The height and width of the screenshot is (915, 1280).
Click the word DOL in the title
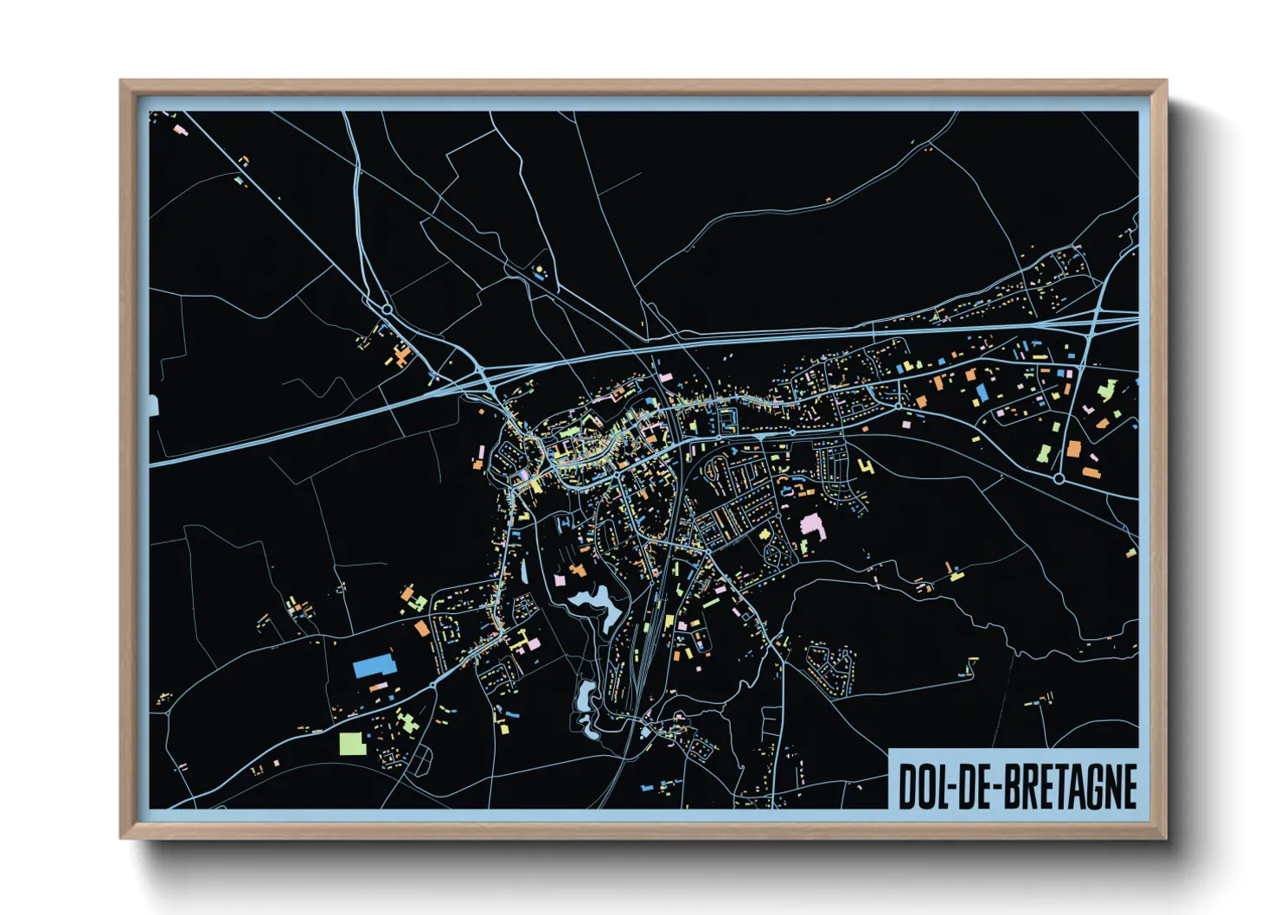tap(924, 785)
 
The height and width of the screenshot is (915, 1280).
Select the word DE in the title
tap(976, 785)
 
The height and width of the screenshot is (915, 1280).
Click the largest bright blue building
tap(374, 666)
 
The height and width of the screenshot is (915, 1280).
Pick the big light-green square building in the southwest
tap(352, 743)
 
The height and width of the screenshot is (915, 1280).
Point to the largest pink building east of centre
tap(811, 524)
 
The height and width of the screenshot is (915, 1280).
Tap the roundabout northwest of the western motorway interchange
tap(387, 308)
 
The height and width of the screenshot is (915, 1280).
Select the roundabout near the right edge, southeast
tap(1059, 477)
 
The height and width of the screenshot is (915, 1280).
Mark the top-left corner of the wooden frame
tap(121, 81)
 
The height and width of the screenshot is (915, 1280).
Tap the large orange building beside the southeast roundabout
tap(1073, 449)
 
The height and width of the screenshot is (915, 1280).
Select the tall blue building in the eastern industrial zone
tap(982, 394)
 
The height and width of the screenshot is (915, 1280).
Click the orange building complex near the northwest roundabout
tap(400, 355)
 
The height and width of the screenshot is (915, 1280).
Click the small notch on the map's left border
tap(154, 406)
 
